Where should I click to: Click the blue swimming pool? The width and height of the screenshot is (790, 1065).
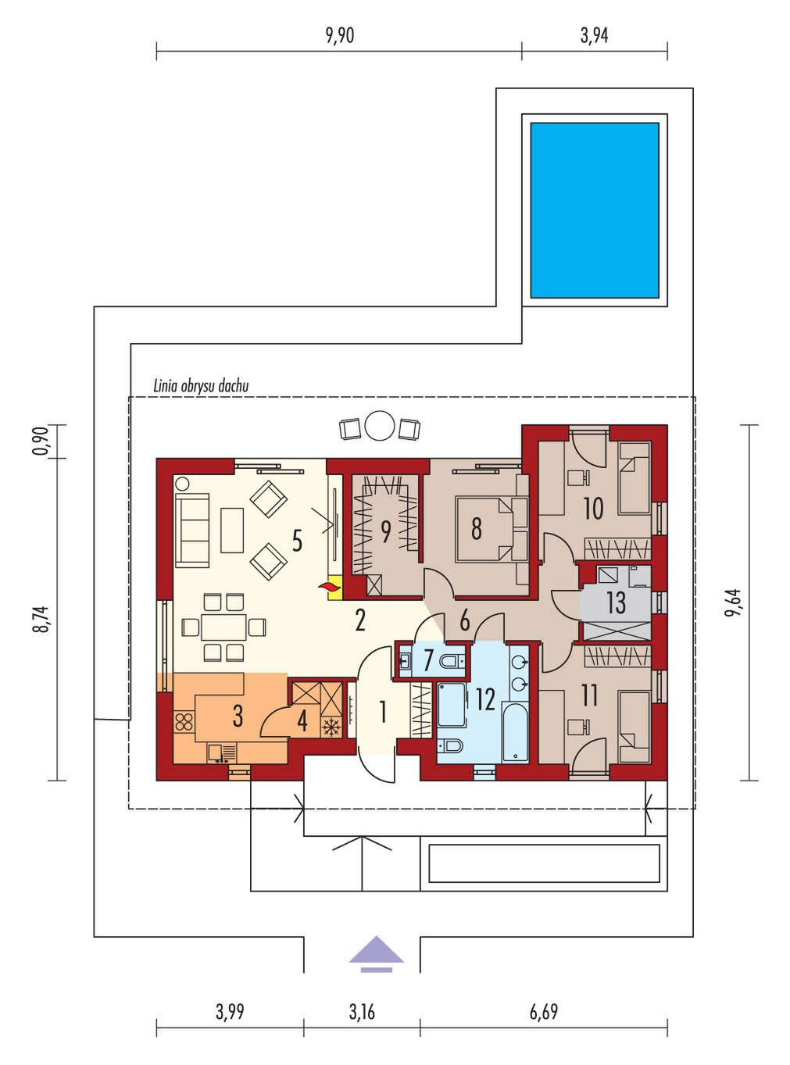[594, 210]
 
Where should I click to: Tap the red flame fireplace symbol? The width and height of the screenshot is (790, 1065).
[328, 586]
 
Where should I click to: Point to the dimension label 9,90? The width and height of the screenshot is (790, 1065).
[340, 35]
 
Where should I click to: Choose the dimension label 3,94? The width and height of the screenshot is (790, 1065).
[594, 35]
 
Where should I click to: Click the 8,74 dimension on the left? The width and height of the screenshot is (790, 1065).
[42, 620]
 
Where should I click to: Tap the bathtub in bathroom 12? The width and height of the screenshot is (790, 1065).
[515, 731]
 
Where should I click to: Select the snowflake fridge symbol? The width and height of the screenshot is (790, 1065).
[330, 727]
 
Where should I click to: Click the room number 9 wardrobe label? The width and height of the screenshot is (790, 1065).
[386, 531]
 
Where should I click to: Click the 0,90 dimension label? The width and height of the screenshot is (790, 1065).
[42, 441]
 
